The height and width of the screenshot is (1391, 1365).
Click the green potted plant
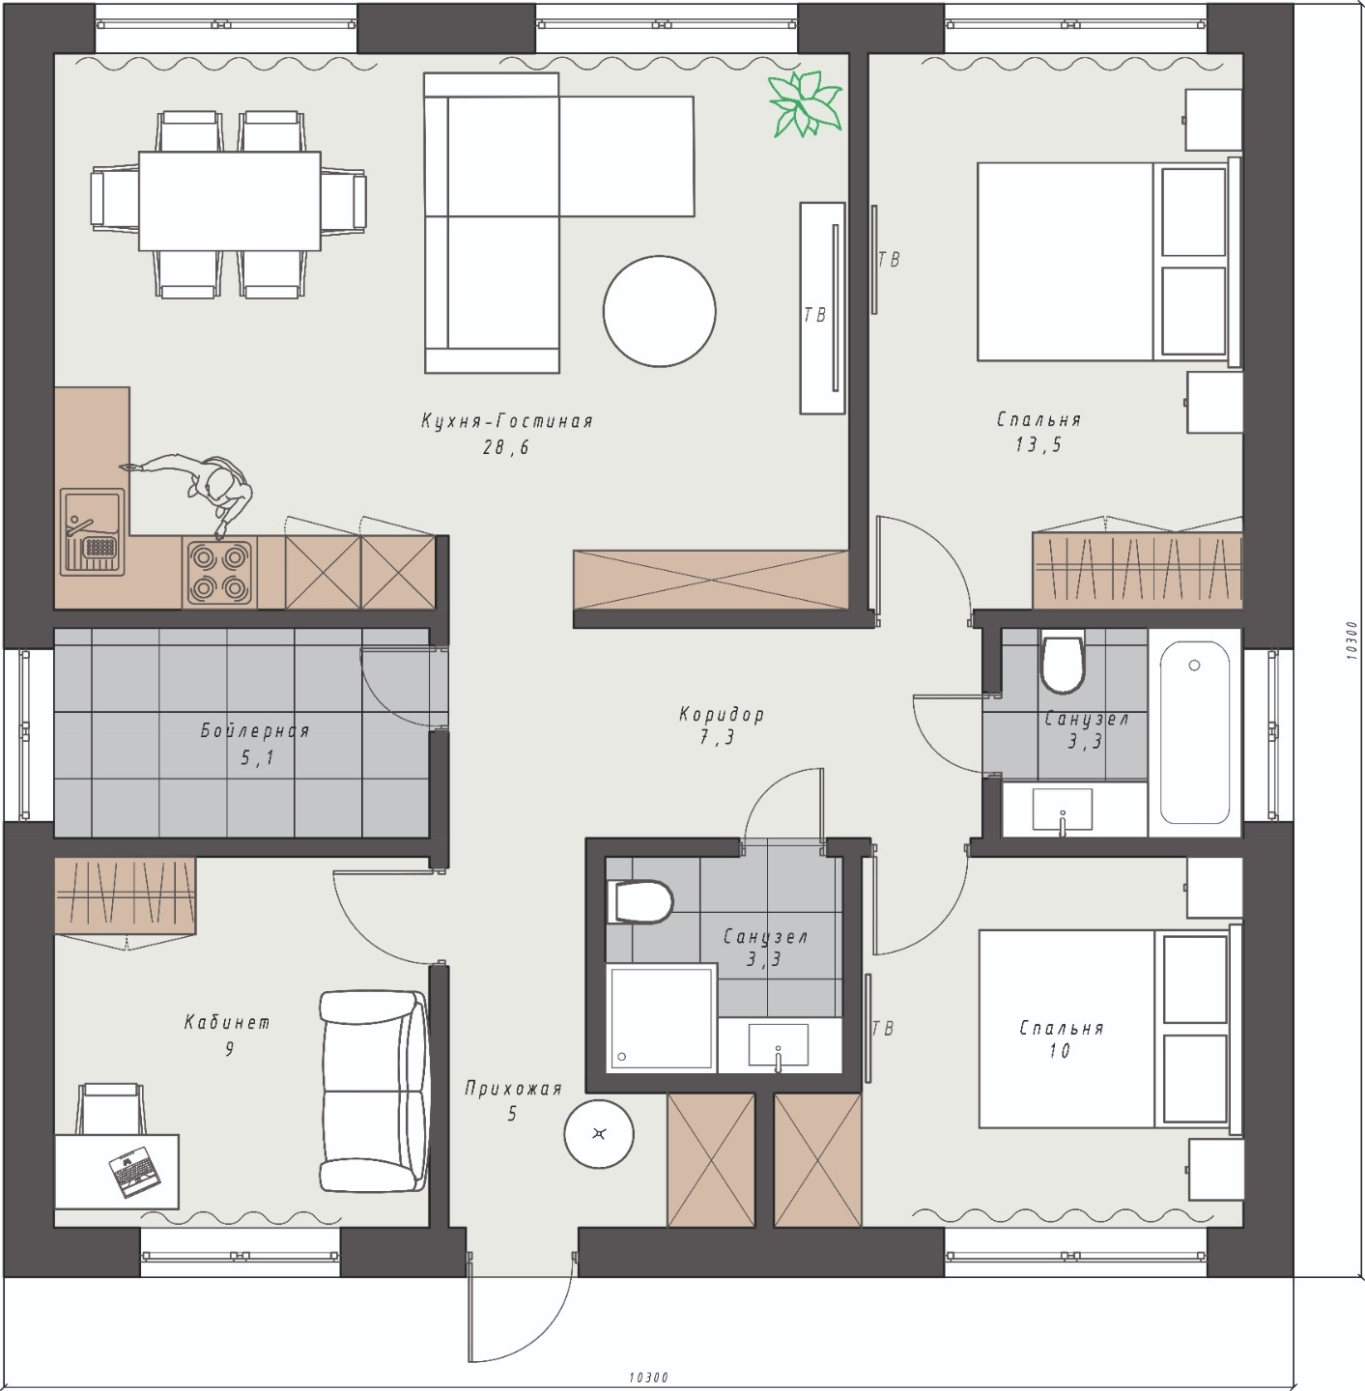pyautogui.click(x=805, y=103)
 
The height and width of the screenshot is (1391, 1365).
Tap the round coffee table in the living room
pyautogui.click(x=660, y=311)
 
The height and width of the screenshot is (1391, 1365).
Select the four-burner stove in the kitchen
pyautogui.click(x=219, y=573)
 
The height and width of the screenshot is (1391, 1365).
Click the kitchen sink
pyautogui.click(x=93, y=532)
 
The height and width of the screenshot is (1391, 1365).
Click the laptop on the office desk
pyautogui.click(x=134, y=1173)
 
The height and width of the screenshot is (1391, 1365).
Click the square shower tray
pyautogui.click(x=662, y=1018)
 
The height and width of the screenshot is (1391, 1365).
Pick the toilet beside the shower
pyautogui.click(x=640, y=901)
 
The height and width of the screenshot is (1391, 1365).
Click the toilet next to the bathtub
pyautogui.click(x=1063, y=661)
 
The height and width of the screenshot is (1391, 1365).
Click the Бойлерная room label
pyautogui.click(x=255, y=731)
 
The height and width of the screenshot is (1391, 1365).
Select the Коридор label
pyautogui.click(x=721, y=715)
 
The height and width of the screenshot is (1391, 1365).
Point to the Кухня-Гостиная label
pyautogui.click(x=507, y=421)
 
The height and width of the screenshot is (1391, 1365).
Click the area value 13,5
pyautogui.click(x=1038, y=444)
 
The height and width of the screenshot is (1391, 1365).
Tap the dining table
pyautogui.click(x=230, y=200)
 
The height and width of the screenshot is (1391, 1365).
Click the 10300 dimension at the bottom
pyautogui.click(x=648, y=1377)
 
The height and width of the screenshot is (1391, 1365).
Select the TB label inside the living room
pyautogui.click(x=815, y=315)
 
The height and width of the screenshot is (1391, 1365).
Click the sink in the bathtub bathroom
pyautogui.click(x=1062, y=809)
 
